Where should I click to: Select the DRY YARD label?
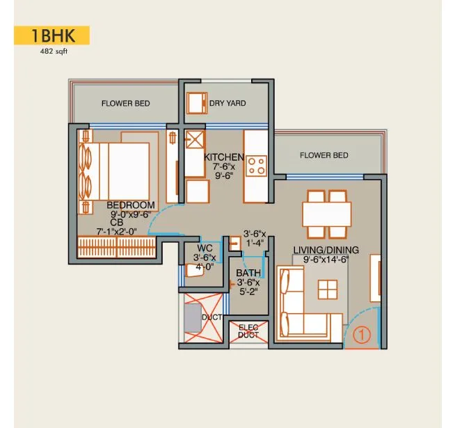(x=227, y=104)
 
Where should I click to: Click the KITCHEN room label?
(x=223, y=157)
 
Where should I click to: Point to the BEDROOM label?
(x=131, y=205)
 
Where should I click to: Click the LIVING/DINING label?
(x=326, y=250)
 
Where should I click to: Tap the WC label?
(x=205, y=248)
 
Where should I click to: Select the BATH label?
(x=248, y=273)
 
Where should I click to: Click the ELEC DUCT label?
(x=248, y=331)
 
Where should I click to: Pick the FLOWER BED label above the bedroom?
(x=125, y=104)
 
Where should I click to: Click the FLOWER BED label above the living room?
(x=324, y=155)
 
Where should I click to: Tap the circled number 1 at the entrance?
(x=360, y=334)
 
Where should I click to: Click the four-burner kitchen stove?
(x=256, y=166)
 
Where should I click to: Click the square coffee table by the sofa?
(x=326, y=289)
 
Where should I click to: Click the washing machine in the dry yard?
(x=197, y=102)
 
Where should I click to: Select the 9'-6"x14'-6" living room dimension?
(x=326, y=260)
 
